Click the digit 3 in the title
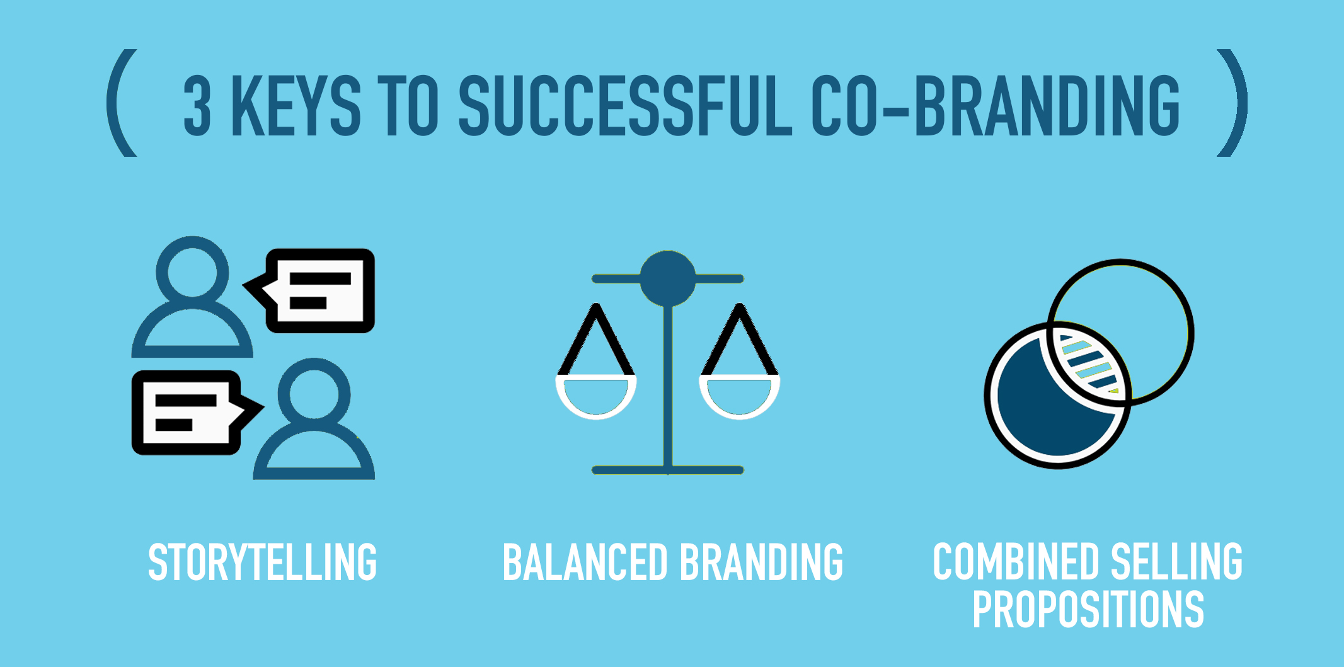[x=197, y=105]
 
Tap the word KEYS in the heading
[x=296, y=105]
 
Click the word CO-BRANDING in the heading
[x=996, y=105]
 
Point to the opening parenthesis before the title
[x=122, y=103]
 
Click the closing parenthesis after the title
[x=1232, y=103]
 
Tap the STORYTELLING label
[x=262, y=562]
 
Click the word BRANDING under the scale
[x=762, y=562]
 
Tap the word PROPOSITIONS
[x=1088, y=609]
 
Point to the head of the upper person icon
[x=192, y=273]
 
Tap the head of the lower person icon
[x=314, y=394]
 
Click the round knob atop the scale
[x=668, y=278]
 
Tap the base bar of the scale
[x=668, y=470]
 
